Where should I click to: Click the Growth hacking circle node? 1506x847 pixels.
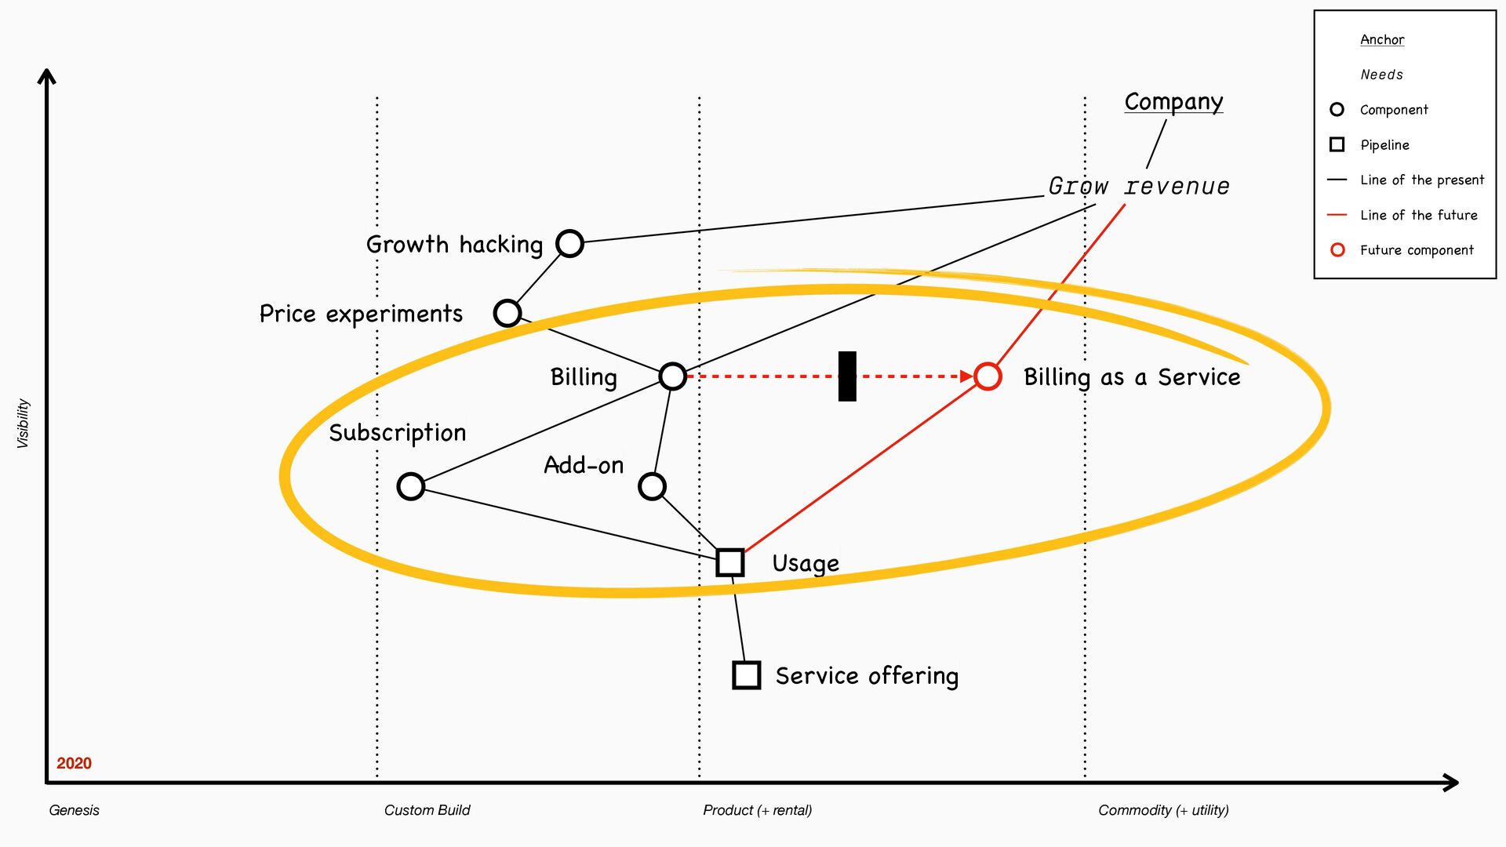coord(569,243)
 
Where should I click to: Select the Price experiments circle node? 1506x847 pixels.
coord(507,313)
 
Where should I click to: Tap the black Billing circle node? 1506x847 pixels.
coord(672,376)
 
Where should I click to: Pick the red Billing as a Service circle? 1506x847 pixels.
coord(988,376)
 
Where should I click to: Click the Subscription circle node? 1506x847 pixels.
coord(411,486)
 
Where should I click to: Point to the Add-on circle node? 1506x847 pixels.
coord(652,486)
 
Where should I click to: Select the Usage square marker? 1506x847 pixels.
coord(730,562)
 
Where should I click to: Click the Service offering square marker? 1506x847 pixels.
coord(746,674)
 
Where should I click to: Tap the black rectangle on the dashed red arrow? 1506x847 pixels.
coord(847,376)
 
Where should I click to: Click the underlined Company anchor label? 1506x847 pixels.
coord(1173,102)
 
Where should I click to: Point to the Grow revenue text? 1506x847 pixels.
coord(1139,187)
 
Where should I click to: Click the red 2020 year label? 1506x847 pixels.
coord(74,763)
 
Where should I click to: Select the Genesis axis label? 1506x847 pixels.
coord(74,810)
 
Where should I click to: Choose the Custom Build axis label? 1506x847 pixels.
coord(427,810)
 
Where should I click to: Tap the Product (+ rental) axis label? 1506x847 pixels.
coord(757,810)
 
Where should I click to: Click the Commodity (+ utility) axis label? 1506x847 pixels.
coord(1163,810)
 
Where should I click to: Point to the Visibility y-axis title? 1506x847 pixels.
coord(23,423)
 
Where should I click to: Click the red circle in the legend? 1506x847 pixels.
coord(1337,249)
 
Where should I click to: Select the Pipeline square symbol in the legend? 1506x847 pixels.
coord(1337,144)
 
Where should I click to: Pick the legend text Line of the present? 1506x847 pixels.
coord(1422,180)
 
